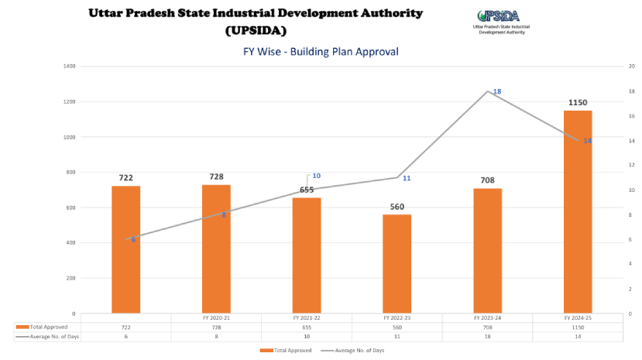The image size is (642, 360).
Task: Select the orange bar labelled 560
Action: [397, 263]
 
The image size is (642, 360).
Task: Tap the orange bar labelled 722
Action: [125, 249]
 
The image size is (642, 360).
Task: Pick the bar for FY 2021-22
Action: [307, 255]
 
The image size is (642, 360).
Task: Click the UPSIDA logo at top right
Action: [499, 21]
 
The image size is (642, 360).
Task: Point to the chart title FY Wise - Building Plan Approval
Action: [321, 52]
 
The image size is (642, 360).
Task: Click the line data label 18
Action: [497, 91]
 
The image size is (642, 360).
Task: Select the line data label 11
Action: [407, 179]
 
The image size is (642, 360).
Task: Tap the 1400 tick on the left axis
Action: [69, 67]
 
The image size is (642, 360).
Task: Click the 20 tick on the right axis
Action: [632, 67]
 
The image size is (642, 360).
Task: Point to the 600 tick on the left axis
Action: [70, 207]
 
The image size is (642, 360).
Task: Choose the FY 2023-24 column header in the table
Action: [487, 318]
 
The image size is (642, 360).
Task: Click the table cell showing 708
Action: [487, 327]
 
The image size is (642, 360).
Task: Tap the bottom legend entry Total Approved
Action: [286, 351]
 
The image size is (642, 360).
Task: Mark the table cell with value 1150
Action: [578, 327]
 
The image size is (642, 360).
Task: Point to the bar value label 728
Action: [216, 177]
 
